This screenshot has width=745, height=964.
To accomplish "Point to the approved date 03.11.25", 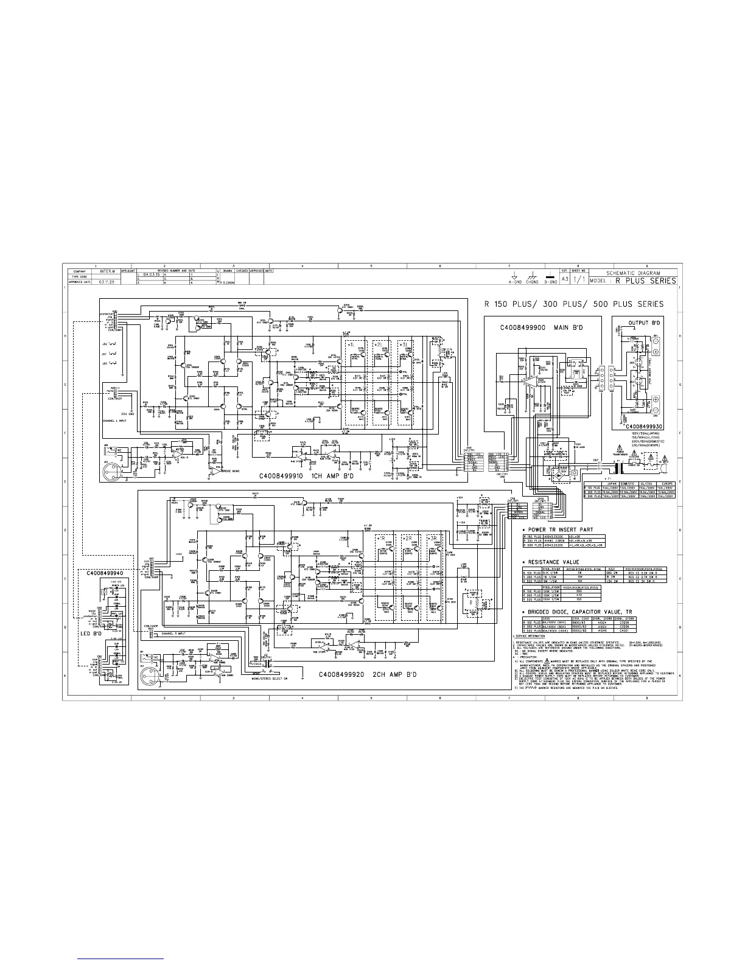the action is (99, 282).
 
